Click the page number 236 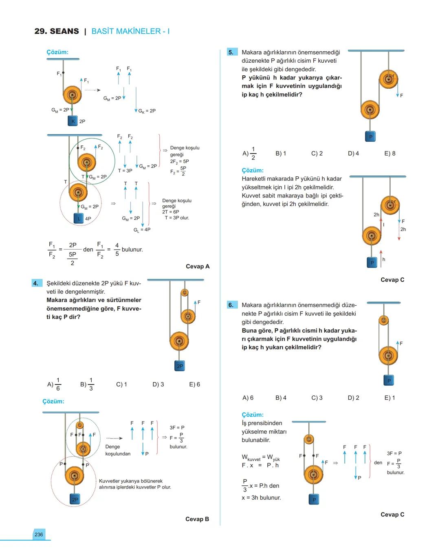pos(39,535)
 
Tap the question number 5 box pos(231,52)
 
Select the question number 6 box pos(231,305)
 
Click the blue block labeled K pos(73,121)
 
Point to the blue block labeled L pos(79,219)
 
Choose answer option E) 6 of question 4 pos(194,384)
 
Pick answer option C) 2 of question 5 pos(317,153)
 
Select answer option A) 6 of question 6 pos(248,398)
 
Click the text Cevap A pos(198,266)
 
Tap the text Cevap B pos(197,519)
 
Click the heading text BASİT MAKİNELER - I pos(130,31)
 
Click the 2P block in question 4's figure pos(180,366)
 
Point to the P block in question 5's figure pos(370,137)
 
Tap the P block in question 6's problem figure pos(389,381)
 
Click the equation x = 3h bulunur pos(261,498)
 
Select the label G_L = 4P pos(142,230)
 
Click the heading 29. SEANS pos(57,31)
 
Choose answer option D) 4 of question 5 pos(353,153)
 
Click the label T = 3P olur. pos(177,218)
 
